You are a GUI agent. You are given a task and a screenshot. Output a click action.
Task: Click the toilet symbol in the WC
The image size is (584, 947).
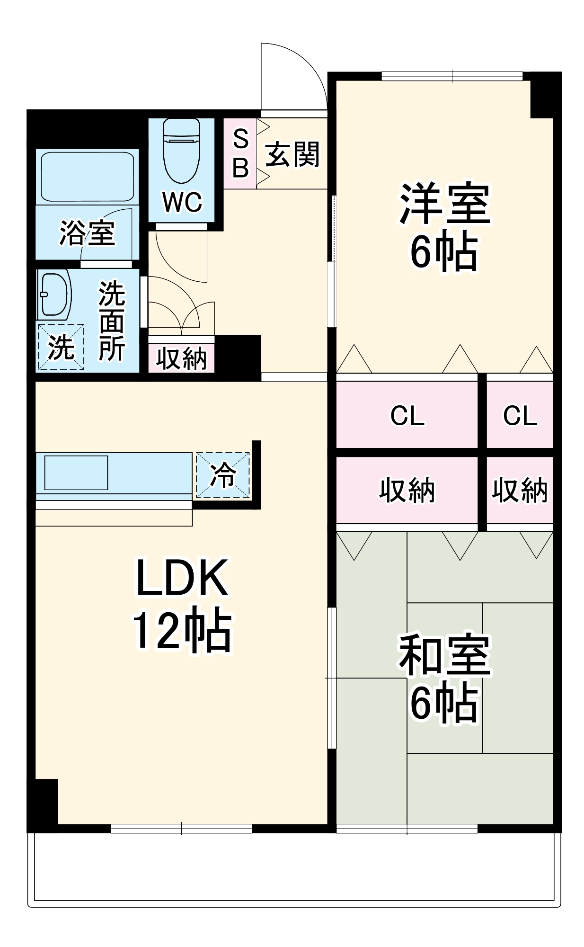tap(181, 151)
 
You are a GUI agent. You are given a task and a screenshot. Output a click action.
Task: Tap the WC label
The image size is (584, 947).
tap(182, 203)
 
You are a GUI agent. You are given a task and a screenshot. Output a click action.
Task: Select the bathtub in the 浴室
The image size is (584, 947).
tap(87, 177)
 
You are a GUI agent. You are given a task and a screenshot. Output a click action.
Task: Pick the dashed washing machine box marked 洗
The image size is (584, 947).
tap(61, 347)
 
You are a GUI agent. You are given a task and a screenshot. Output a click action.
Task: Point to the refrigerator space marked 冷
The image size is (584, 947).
tap(222, 475)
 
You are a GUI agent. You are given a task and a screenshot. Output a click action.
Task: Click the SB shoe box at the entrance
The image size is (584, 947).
tap(240, 153)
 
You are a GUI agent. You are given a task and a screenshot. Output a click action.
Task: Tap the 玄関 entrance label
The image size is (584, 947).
tap(292, 154)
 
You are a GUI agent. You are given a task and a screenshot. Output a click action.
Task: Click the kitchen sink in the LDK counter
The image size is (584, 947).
tap(76, 473)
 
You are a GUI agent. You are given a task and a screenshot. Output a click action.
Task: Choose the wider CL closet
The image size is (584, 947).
tap(407, 416)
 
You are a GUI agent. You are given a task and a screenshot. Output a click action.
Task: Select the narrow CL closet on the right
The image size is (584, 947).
tap(520, 416)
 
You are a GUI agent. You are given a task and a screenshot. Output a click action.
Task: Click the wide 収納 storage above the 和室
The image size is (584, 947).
tap(407, 491)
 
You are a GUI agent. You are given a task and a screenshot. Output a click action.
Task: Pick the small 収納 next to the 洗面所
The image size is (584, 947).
tap(181, 358)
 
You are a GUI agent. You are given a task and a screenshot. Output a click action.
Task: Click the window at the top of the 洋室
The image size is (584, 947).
tap(452, 76)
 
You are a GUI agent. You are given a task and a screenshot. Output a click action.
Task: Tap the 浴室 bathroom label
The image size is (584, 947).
tap(87, 233)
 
